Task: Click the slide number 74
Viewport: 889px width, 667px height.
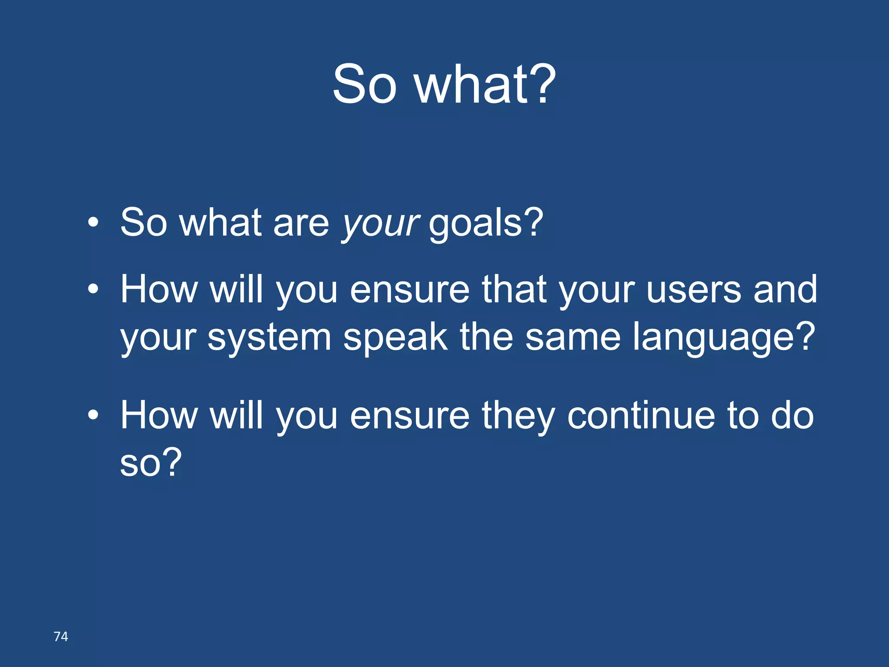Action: pos(61,637)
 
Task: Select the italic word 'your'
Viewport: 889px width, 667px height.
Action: pos(380,224)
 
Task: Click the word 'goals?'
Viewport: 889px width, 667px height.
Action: pos(486,224)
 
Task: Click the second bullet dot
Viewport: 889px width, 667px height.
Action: pos(93,289)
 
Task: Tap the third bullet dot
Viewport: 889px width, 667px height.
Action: pos(93,415)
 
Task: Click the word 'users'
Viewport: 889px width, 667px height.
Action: pos(694,290)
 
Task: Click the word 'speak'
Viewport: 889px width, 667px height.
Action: pos(395,338)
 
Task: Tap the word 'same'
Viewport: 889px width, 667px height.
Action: pos(573,338)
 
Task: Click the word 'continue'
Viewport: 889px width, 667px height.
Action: pos(641,416)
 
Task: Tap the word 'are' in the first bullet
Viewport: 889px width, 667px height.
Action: pos(301,224)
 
